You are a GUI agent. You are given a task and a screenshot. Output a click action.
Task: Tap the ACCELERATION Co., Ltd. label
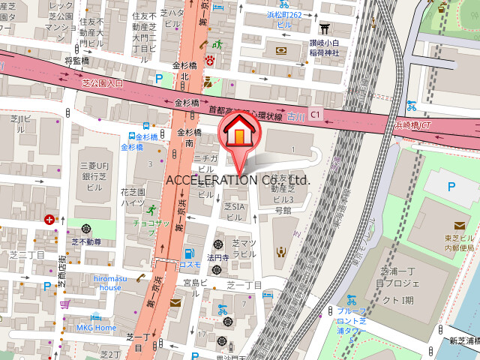(x=237, y=180)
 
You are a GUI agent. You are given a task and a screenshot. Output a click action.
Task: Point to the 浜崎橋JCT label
(x=412, y=125)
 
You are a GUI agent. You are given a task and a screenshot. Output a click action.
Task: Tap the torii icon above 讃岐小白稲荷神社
(x=324, y=28)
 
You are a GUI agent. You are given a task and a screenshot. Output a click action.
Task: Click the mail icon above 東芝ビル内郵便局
(x=459, y=225)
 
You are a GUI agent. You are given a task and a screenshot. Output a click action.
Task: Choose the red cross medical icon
(x=49, y=220)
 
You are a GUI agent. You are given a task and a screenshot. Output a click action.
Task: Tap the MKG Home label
(x=95, y=328)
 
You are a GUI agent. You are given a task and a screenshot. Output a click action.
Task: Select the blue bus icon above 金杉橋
(x=132, y=136)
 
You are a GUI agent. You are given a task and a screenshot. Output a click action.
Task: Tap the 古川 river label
(x=298, y=115)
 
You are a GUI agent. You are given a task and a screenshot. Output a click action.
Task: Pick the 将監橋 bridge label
(x=77, y=61)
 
